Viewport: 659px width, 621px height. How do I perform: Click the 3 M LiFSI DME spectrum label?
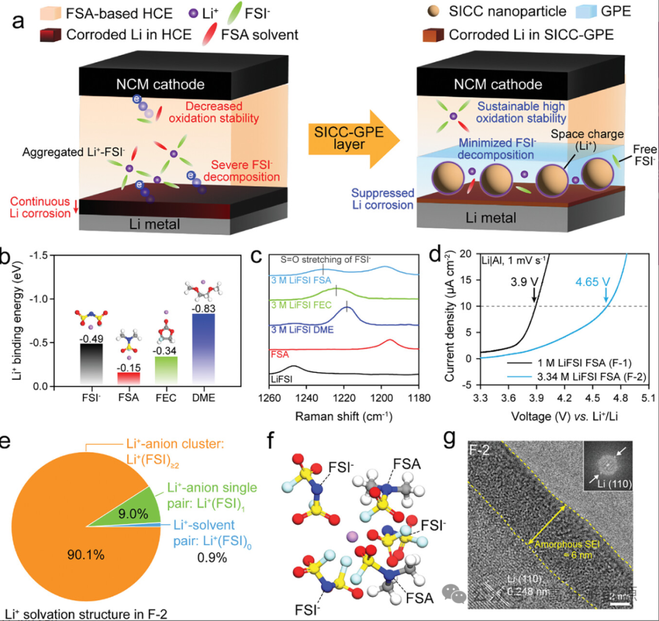click(293, 329)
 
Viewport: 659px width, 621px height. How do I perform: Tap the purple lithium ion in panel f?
click(350, 536)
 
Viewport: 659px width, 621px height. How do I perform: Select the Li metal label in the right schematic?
click(486, 217)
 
